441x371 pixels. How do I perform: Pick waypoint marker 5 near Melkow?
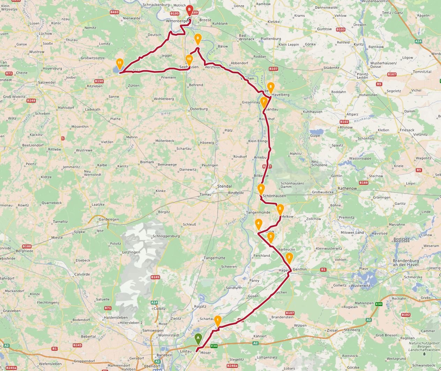pos(280,209)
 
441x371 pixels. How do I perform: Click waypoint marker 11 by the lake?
pos(120,64)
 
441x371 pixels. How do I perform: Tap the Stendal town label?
pos(224,186)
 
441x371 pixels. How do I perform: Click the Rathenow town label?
pos(347,189)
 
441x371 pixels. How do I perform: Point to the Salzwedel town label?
pos(47,82)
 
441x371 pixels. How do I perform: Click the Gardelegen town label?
pos(109,219)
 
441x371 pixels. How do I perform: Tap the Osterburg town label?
pos(199,109)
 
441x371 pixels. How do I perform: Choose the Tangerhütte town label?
pos(214,258)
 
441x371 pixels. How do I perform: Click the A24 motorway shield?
pos(418,41)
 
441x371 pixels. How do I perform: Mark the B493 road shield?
pos(114,12)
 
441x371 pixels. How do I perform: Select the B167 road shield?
pos(392,74)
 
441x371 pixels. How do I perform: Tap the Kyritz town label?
pos(359,45)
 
